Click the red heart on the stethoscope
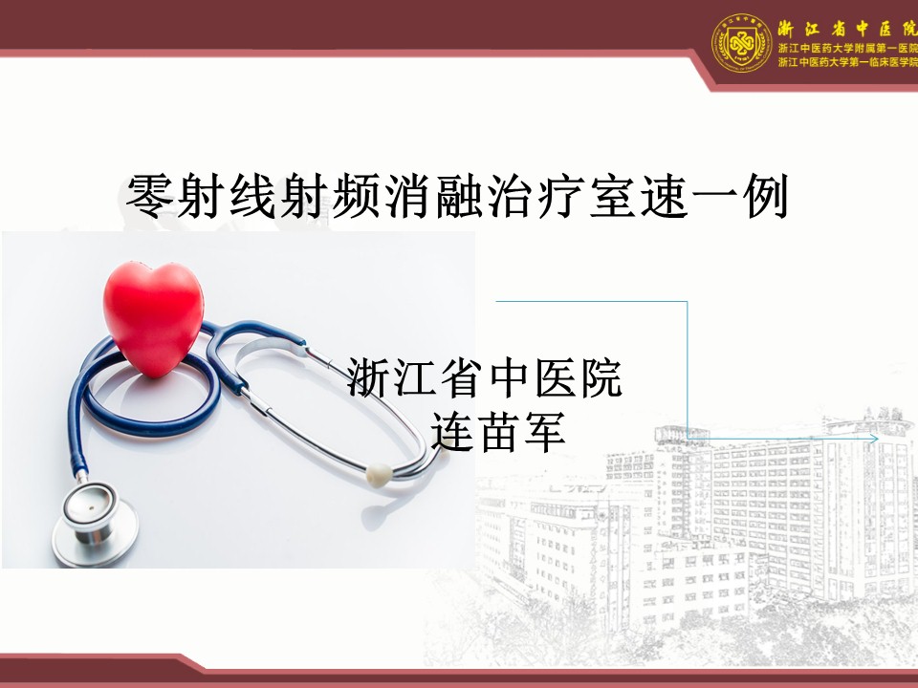[x=153, y=319]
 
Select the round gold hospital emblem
[x=741, y=43]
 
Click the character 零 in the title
[x=150, y=196]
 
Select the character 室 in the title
[x=612, y=196]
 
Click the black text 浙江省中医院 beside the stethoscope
[x=484, y=378]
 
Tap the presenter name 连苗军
[x=498, y=432]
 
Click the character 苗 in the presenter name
[x=498, y=432]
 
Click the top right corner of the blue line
[x=687, y=302]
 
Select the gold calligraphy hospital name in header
[x=847, y=28]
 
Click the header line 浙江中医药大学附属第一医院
[x=847, y=49]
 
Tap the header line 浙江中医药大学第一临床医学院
[x=847, y=62]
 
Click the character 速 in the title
[x=664, y=196]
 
